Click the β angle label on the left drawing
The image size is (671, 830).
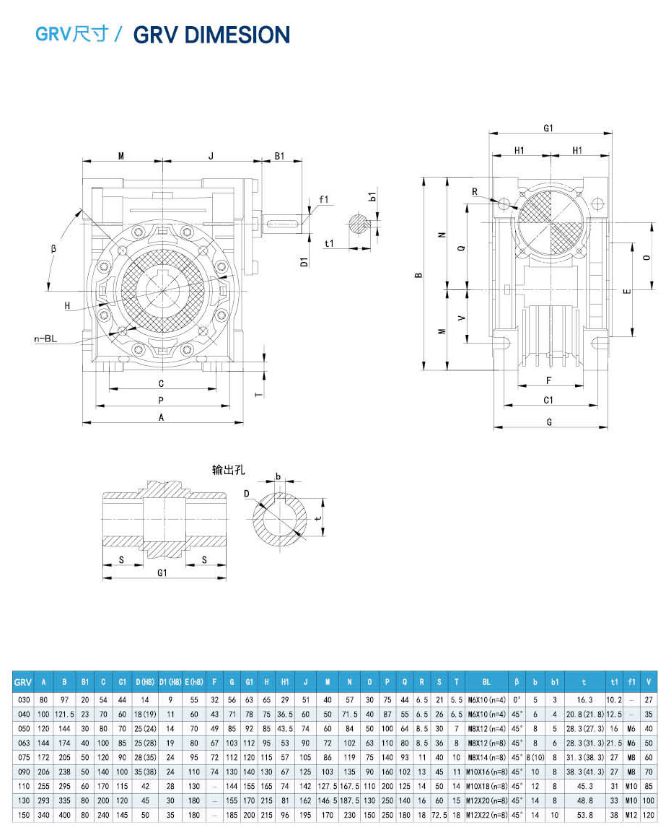(x=53, y=248)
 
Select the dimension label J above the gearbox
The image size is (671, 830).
(x=211, y=155)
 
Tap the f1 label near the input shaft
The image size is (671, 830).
(x=323, y=200)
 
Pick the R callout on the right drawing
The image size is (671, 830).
(x=475, y=191)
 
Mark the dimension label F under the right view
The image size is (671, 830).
(x=549, y=380)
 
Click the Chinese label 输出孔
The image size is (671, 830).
(x=229, y=470)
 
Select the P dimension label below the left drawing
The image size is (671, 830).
(x=161, y=400)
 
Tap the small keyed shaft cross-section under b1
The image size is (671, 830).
(x=359, y=223)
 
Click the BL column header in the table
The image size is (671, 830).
(x=486, y=681)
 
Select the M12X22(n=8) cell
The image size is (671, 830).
(x=486, y=815)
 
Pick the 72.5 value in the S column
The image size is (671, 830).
(x=439, y=815)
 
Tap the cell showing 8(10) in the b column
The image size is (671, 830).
(x=535, y=757)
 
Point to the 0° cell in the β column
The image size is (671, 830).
(x=516, y=699)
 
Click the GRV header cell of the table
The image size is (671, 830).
(x=23, y=681)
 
